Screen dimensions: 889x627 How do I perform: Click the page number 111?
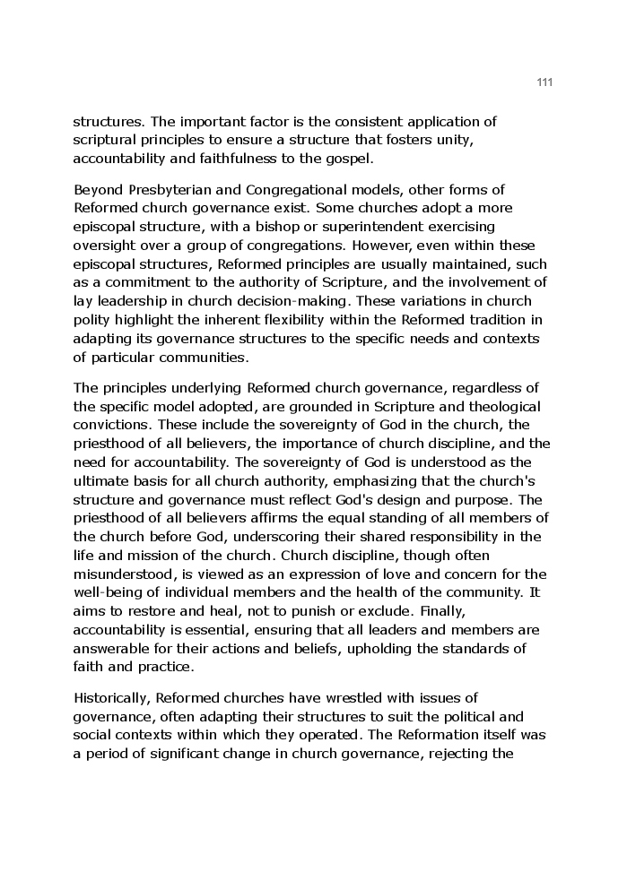(x=544, y=82)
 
